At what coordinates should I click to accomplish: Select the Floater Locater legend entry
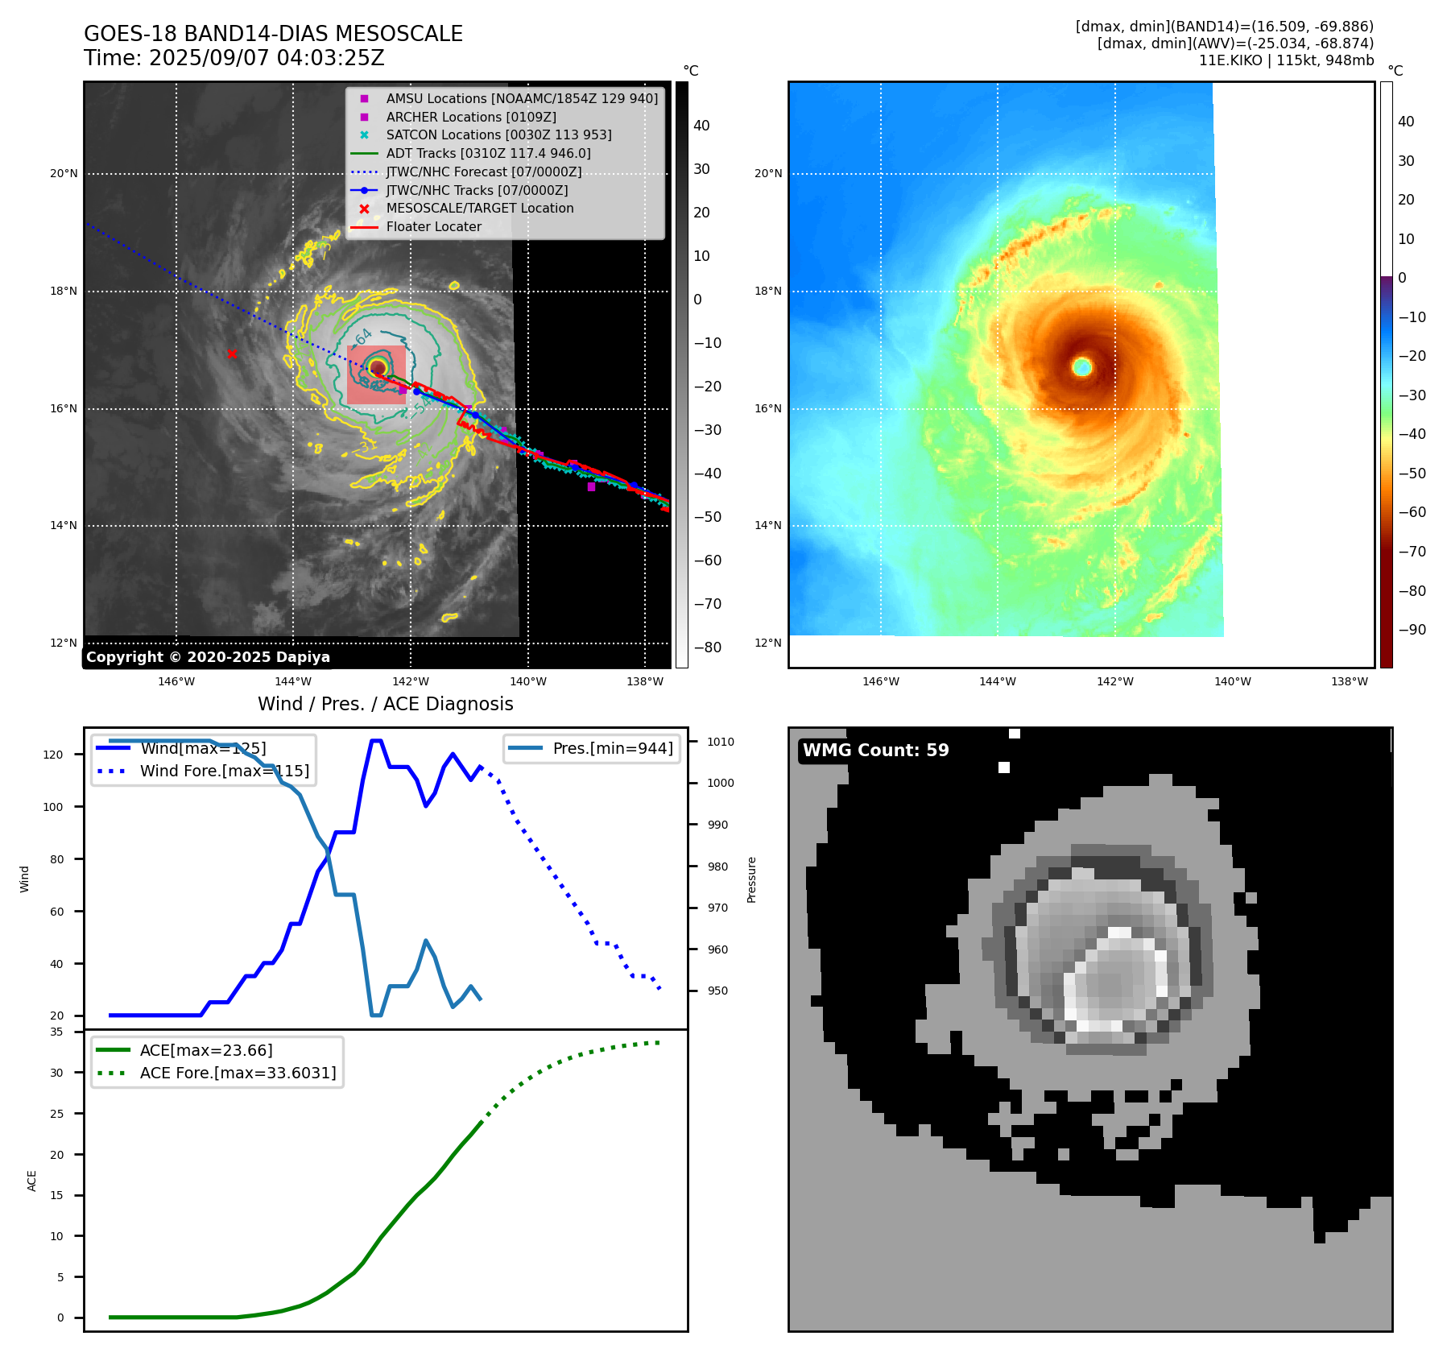coord(433,226)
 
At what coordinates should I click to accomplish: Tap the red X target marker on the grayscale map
coord(232,354)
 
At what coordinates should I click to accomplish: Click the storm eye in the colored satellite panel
coord(1082,367)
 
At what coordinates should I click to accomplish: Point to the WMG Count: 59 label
coord(875,751)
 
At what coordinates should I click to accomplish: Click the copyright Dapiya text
coord(208,657)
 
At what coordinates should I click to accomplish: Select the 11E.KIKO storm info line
coord(1286,60)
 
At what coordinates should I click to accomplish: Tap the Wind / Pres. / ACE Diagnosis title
coord(385,704)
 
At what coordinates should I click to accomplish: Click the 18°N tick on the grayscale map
coord(64,291)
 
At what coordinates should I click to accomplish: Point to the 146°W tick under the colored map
coord(880,681)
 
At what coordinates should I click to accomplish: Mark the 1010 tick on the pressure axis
coord(721,742)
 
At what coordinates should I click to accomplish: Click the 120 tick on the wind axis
coord(53,755)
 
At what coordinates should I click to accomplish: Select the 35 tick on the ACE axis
coord(56,1032)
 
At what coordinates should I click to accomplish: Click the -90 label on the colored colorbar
coord(1412,630)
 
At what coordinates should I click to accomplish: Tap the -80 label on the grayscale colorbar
coord(708,647)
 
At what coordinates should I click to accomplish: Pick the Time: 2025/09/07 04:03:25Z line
coord(234,58)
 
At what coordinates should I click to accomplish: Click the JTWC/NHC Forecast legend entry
coord(483,172)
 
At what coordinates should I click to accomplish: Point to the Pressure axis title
coord(751,879)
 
